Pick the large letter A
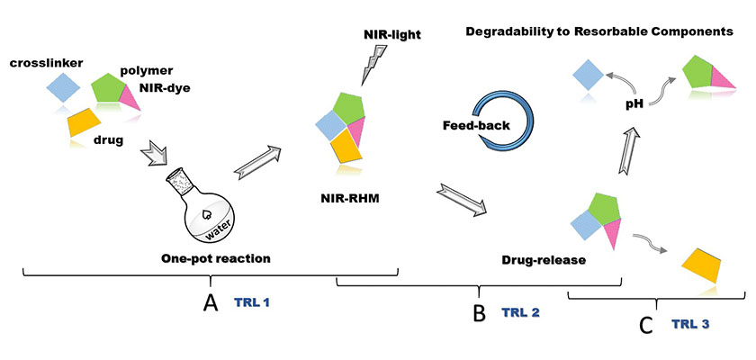(210, 303)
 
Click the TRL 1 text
(252, 303)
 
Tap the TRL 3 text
(690, 322)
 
